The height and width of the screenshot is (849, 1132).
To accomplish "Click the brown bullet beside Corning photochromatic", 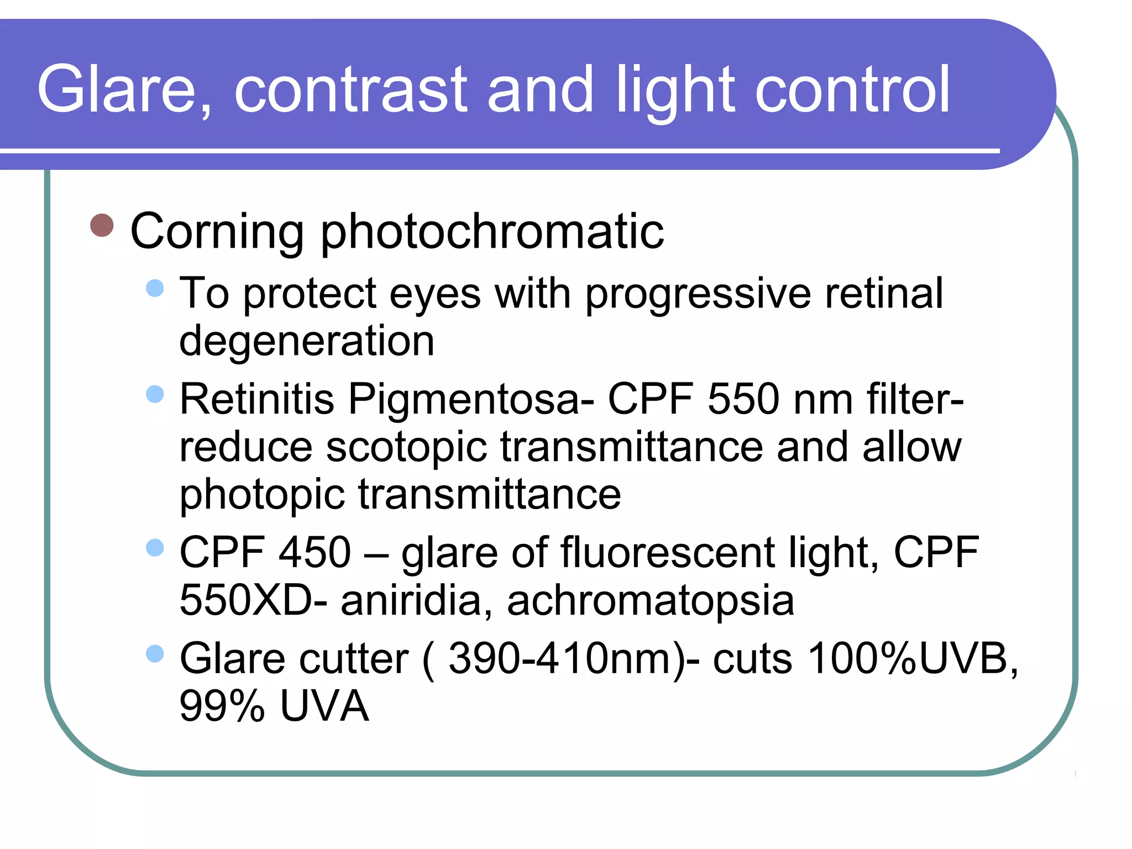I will pyautogui.click(x=102, y=226).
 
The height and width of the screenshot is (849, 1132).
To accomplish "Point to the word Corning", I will pyautogui.click(x=217, y=231).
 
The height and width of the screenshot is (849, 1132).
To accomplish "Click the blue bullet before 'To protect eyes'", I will pyautogui.click(x=155, y=288).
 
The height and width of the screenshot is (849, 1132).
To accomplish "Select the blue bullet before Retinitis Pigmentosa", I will pyautogui.click(x=155, y=394).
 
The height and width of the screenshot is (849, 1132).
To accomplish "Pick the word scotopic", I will pyautogui.click(x=406, y=448).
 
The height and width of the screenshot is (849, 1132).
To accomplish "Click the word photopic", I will pyautogui.click(x=262, y=495).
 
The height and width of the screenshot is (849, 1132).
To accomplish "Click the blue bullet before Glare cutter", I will pyautogui.click(x=155, y=654).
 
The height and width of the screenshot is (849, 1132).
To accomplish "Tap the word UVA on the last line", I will pyautogui.click(x=324, y=706).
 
